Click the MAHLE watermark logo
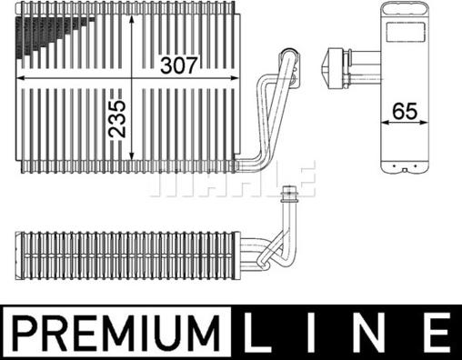point(232,180)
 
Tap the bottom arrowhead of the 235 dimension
point(135,169)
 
